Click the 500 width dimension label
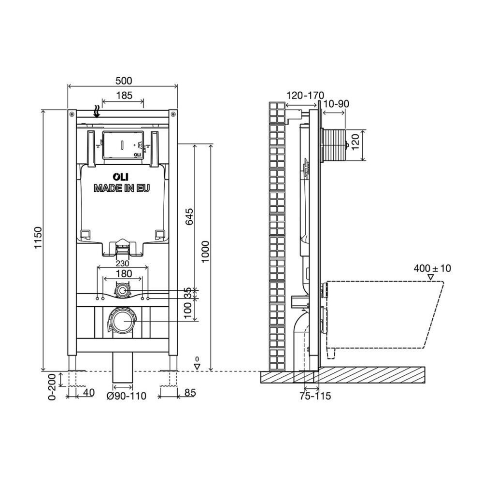pos(124,81)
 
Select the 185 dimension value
pos(124,96)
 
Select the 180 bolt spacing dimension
pos(123,274)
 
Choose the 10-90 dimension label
pos(337,104)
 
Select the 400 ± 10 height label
pos(432,268)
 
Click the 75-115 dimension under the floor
pos(314,396)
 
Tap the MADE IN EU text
pos(122,188)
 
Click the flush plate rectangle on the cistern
pos(124,143)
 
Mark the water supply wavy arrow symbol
pos(97,112)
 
